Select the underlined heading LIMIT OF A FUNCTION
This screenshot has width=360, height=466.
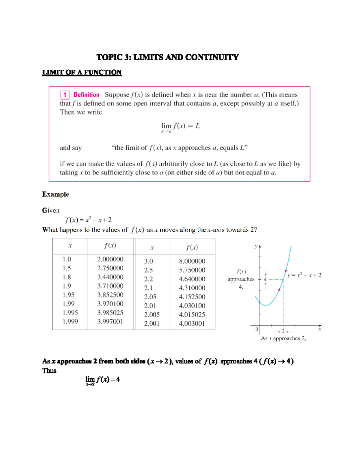click(82, 72)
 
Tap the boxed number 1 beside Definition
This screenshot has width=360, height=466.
click(65, 95)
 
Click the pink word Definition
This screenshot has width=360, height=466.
click(86, 95)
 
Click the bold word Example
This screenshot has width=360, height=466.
click(55, 194)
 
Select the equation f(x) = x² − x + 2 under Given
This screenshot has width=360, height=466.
click(88, 220)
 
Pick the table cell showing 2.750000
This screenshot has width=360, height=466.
click(110, 268)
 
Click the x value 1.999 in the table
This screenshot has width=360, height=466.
click(70, 321)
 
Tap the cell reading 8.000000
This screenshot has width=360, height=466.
click(192, 261)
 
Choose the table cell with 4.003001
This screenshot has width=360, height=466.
click(192, 323)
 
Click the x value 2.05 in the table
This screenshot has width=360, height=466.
click(150, 297)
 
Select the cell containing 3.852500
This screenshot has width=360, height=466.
click(110, 295)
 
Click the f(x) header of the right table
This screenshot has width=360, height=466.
click(192, 247)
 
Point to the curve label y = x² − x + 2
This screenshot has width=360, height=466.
click(304, 275)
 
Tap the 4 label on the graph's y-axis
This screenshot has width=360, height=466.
click(265, 279)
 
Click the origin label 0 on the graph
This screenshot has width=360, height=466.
click(256, 329)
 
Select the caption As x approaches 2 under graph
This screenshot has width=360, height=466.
click(283, 338)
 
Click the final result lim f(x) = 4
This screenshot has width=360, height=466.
click(103, 380)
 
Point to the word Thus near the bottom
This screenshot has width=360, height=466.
click(49, 371)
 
